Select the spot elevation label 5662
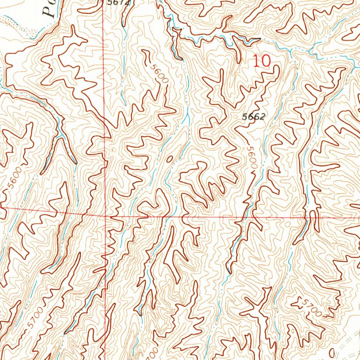[x=253, y=117]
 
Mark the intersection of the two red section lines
[x=105, y=216]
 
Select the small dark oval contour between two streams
[x=170, y=159]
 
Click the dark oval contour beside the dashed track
[x=332, y=353]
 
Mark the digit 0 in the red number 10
[x=266, y=61]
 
